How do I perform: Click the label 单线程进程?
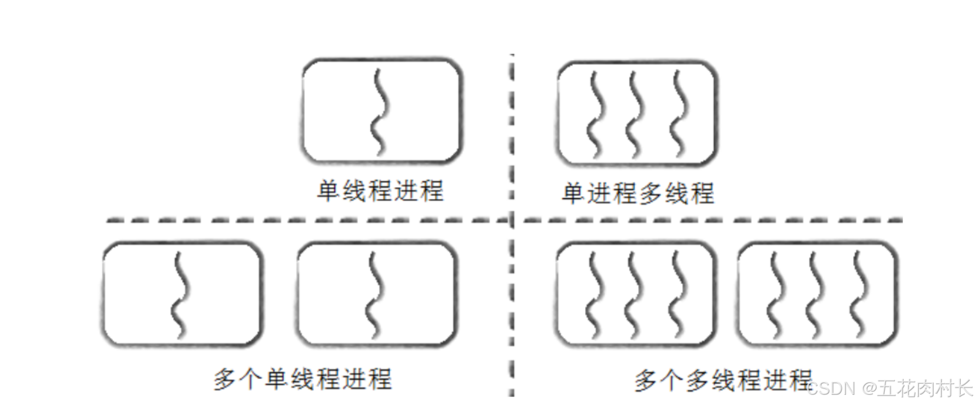pyautogui.click(x=380, y=191)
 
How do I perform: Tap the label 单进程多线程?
pyautogui.click(x=638, y=193)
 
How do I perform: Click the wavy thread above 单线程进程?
pyautogui.click(x=379, y=112)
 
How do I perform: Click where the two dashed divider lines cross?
pyautogui.click(x=512, y=221)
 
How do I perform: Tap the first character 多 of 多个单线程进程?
pyautogui.click(x=225, y=379)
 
